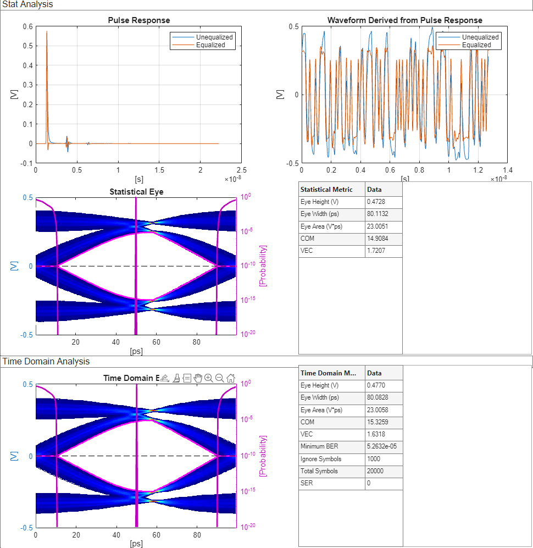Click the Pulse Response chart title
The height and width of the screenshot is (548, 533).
pos(138,20)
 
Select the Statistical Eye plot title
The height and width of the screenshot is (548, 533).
pos(136,192)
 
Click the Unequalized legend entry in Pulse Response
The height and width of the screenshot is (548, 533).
pos(214,37)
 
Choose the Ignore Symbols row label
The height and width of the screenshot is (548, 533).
pos(321,459)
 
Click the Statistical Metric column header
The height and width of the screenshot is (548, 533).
pos(326,189)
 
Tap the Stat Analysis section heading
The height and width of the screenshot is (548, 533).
pos(27,4)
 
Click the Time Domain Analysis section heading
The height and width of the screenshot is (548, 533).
pos(46,361)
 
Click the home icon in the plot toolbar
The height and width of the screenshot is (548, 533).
pos(231,378)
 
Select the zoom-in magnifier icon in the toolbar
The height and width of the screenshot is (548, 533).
pos(209,378)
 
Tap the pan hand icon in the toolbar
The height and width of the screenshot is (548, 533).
pos(198,378)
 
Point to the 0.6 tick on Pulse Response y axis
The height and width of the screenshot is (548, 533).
pos(27,26)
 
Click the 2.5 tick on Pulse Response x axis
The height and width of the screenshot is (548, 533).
pos(241,170)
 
